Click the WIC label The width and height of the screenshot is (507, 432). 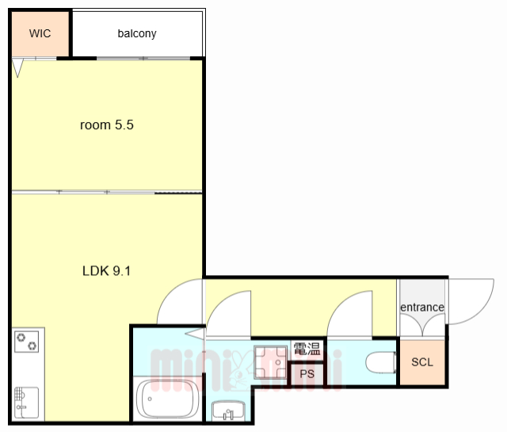coord(40,33)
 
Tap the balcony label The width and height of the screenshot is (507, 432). coord(137,33)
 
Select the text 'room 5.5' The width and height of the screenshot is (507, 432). coord(107,125)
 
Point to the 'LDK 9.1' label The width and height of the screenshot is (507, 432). coord(107,271)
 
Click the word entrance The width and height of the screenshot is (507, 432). coord(422,307)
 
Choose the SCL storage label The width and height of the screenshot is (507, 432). coord(422,362)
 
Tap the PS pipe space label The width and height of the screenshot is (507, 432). coord(307,374)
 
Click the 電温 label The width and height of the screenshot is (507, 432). coord(307,349)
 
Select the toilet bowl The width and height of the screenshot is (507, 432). coord(381,362)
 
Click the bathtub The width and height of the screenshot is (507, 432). coord(167,400)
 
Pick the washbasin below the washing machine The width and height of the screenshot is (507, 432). coord(229,411)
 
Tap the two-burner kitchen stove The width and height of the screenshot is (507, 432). coord(26,342)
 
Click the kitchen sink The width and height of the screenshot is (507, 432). coord(26,403)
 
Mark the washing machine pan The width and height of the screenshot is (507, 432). coord(270,362)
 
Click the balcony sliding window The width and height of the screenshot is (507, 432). coord(143,59)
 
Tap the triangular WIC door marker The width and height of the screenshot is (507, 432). coord(17,68)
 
